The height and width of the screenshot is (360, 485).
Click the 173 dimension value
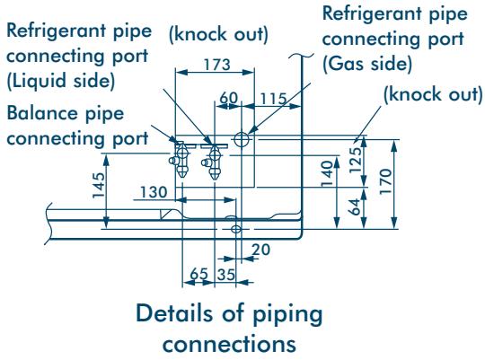(217, 65)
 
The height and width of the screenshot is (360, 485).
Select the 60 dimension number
(229, 98)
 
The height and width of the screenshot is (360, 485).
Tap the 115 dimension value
(273, 100)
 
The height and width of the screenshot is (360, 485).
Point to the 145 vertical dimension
(99, 185)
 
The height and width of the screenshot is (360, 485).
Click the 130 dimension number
(154, 192)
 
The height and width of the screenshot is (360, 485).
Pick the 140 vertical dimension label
(327, 173)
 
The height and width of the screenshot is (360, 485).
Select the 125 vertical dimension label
(356, 160)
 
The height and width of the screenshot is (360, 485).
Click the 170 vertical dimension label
(385, 181)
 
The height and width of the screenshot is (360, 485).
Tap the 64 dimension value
(355, 206)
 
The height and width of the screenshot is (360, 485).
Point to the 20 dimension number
(260, 250)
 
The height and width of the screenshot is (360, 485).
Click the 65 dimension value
(198, 274)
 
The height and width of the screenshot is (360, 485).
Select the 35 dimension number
(226, 275)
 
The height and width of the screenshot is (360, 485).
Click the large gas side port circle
(242, 139)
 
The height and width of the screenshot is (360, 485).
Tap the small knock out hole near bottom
(236, 229)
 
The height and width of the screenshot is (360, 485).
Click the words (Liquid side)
(61, 81)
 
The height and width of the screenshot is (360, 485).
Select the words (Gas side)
(367, 64)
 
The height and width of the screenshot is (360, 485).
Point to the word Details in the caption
(174, 313)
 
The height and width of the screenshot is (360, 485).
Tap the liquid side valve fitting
(213, 162)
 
